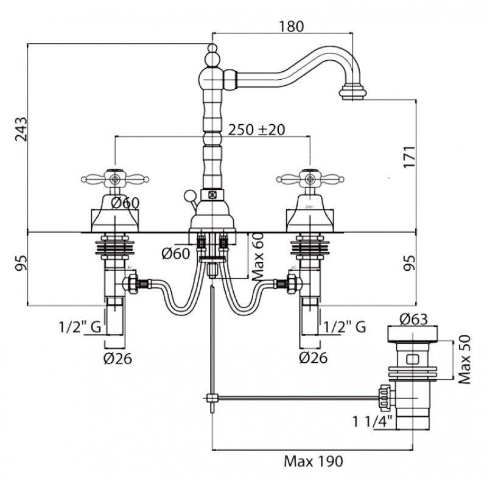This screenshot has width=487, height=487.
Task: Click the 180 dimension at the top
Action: click(290, 26)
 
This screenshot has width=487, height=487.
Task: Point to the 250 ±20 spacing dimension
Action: click(256, 130)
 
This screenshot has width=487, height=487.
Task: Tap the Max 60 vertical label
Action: click(255, 257)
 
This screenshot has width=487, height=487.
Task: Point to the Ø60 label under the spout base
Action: click(175, 254)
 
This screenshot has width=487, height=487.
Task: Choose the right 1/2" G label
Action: click(345, 328)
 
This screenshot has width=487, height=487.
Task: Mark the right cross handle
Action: click(308, 179)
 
